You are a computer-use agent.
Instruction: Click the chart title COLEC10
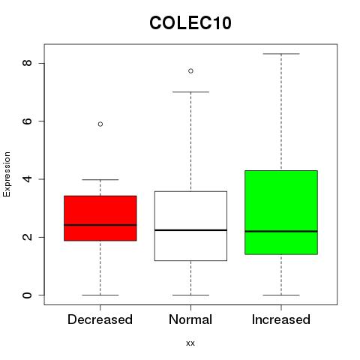(x=190, y=23)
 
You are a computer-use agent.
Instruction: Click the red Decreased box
(x=100, y=218)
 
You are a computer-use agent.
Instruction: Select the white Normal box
(x=190, y=226)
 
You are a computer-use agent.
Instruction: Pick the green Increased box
(x=281, y=212)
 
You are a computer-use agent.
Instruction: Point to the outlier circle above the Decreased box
(x=100, y=124)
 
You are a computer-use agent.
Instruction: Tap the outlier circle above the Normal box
(x=190, y=71)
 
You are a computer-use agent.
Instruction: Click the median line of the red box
(x=100, y=225)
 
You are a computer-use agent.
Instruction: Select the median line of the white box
(x=190, y=230)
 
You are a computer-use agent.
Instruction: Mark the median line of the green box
(x=281, y=231)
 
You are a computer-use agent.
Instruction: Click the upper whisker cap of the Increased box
(x=281, y=54)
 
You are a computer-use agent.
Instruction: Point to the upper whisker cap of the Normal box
(x=190, y=92)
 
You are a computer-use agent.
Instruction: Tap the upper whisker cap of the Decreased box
(x=100, y=179)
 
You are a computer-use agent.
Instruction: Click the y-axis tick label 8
(x=27, y=63)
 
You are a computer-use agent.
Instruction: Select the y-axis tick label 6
(x=27, y=121)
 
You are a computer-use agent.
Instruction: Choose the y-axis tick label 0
(x=27, y=295)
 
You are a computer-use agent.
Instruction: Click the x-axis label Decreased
(x=100, y=319)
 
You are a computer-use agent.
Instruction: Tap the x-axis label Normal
(x=190, y=319)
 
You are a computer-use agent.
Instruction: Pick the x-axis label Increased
(x=281, y=319)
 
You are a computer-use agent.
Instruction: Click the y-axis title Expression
(x=7, y=175)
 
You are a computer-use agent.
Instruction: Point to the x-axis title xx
(x=190, y=343)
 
